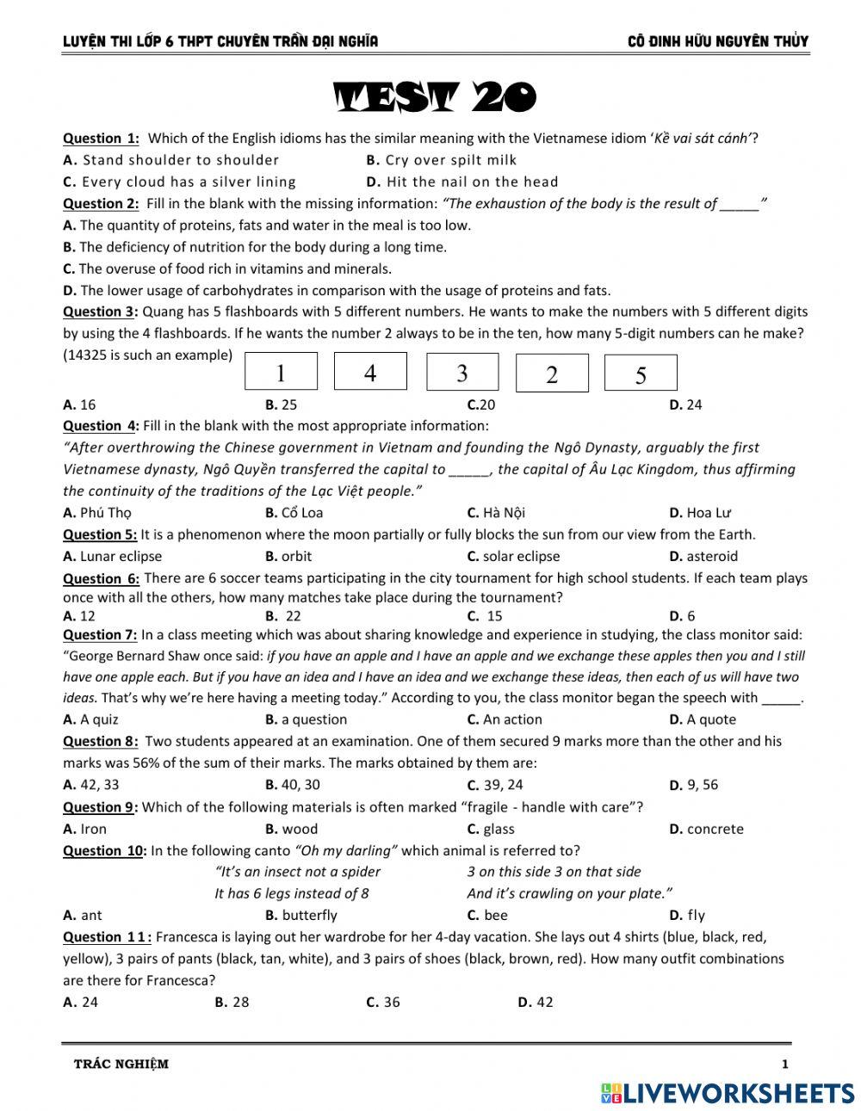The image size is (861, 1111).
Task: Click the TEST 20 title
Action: click(x=435, y=98)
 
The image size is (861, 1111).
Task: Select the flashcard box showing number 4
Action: click(x=370, y=372)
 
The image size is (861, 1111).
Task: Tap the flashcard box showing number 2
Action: click(x=552, y=373)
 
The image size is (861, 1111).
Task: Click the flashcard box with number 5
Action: click(x=641, y=373)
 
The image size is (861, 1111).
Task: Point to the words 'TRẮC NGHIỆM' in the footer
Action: click(x=121, y=1065)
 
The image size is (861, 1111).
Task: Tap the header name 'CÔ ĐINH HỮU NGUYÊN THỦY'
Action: click(x=718, y=41)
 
